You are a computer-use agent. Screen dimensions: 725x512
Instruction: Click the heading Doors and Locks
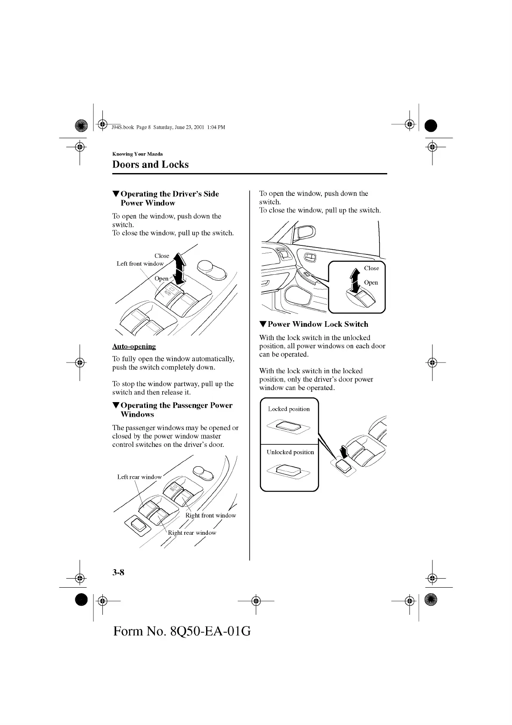(150, 164)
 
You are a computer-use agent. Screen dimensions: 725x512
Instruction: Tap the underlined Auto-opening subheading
(134, 346)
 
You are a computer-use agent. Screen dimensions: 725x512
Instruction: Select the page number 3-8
(118, 572)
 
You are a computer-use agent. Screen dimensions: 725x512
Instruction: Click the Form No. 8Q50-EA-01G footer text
(182, 631)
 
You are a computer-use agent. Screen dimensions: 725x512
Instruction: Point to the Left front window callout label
(140, 263)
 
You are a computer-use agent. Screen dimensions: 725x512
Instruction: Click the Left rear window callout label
(139, 477)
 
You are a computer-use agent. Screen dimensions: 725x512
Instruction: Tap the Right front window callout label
(210, 515)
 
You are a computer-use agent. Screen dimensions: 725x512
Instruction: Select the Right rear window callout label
(192, 533)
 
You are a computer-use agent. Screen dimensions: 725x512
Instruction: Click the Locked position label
(289, 409)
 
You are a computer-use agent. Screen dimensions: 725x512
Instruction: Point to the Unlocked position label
(290, 452)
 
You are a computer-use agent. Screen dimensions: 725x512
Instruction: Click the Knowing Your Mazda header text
(137, 154)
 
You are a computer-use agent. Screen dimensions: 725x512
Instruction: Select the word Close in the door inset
(371, 268)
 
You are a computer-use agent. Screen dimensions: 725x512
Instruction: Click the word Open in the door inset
(371, 283)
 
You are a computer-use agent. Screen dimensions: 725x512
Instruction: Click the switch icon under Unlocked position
(288, 470)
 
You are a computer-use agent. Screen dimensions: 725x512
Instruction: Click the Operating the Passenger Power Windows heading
(176, 409)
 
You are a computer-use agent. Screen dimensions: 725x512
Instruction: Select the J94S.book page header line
(168, 127)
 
